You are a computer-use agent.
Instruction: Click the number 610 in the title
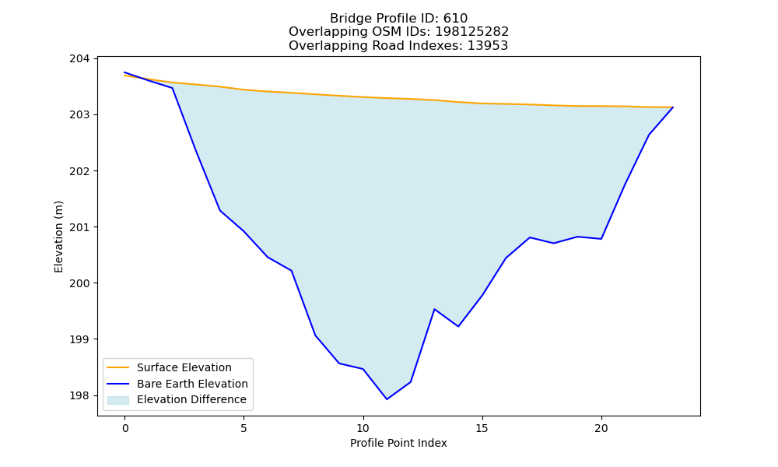[x=455, y=19]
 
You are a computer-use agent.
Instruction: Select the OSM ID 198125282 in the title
[x=472, y=32]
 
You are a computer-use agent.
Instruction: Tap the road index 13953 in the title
[x=488, y=46]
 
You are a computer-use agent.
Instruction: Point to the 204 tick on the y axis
[x=80, y=59]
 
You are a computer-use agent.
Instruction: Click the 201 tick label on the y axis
[x=80, y=227]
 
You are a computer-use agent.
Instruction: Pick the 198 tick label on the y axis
[x=80, y=395]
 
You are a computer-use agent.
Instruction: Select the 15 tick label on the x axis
[x=482, y=428]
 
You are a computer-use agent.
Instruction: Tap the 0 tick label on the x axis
[x=125, y=428]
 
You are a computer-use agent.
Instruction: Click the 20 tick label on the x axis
[x=601, y=428]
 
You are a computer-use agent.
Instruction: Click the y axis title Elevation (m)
[x=58, y=237]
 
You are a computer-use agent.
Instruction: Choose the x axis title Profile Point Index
[x=398, y=443]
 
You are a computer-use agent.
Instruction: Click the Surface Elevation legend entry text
[x=184, y=367]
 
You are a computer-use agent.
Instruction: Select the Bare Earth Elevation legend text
[x=192, y=384]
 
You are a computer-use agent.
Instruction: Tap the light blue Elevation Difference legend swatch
[x=118, y=400]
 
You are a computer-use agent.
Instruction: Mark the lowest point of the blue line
[x=387, y=399]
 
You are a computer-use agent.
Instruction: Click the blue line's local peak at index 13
[x=435, y=309]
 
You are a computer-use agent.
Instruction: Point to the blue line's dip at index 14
[x=458, y=326]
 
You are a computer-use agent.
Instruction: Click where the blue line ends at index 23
[x=673, y=107]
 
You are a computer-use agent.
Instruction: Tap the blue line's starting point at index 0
[x=124, y=72]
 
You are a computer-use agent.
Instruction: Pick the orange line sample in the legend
[x=118, y=367]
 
